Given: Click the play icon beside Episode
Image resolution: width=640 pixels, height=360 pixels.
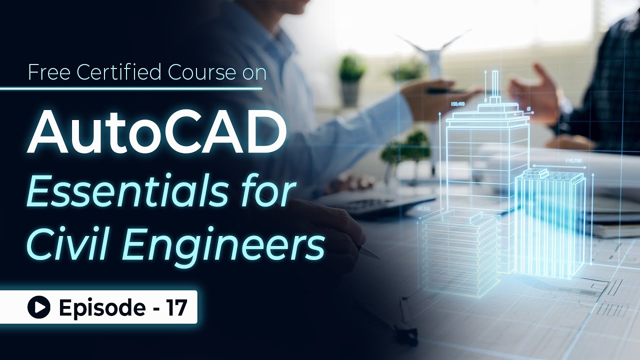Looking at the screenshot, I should pos(38,307).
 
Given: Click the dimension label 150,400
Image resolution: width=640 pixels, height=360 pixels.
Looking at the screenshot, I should pos(457,104).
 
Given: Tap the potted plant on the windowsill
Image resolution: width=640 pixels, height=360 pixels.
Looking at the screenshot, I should pos(352,80).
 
